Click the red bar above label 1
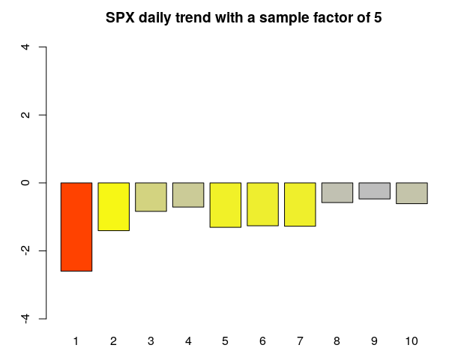[76, 227]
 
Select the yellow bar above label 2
[114, 207]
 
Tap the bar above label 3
[151, 196]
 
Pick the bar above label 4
[188, 195]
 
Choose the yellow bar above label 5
[226, 205]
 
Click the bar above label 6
[263, 204]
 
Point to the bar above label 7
[300, 205]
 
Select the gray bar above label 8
[337, 193]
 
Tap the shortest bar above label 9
[375, 190]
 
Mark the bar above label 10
[412, 193]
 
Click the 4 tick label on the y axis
[25, 46]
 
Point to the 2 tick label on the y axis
[25, 115]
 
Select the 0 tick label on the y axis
[25, 183]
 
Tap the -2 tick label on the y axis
[25, 250]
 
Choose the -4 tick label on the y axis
[25, 319]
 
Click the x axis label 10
[412, 341]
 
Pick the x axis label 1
[76, 341]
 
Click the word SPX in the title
[120, 18]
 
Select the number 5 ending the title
[378, 18]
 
